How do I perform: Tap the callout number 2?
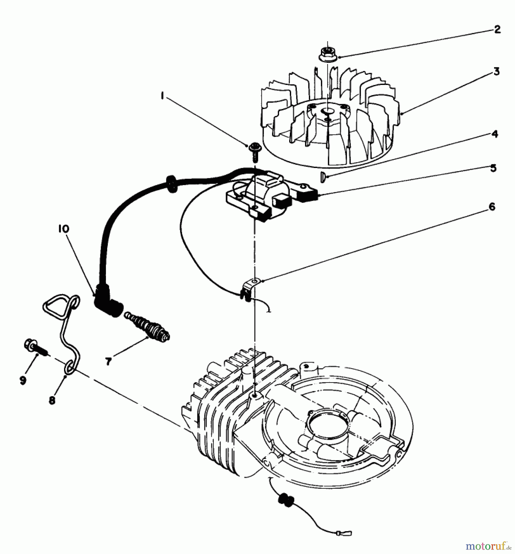tap(497, 30)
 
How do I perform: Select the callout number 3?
tap(496, 72)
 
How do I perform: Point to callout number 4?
tap(494, 134)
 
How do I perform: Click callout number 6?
tap(492, 207)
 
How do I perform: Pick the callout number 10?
tap(63, 229)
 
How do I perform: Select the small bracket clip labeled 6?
tap(250, 288)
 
